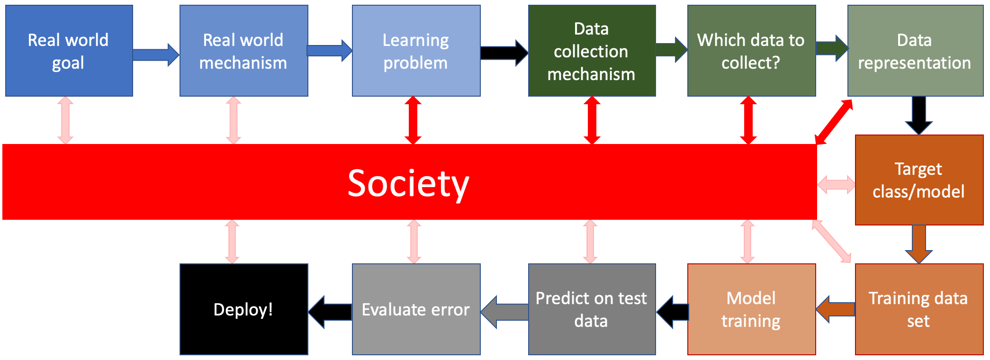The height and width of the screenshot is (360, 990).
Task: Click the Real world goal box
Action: (x=69, y=51)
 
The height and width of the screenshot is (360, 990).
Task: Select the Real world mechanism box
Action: (x=243, y=51)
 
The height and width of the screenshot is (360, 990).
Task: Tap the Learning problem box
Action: (x=416, y=51)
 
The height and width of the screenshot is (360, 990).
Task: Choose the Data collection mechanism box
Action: (x=592, y=51)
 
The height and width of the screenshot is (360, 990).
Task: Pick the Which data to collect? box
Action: (x=751, y=51)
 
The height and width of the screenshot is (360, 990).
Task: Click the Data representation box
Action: (x=915, y=51)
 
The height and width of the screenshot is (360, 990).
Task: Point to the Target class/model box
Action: (x=919, y=180)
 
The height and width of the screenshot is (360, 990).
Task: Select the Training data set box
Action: (x=919, y=309)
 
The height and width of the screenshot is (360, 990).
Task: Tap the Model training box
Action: (x=751, y=309)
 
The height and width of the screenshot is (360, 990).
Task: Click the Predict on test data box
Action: (x=592, y=309)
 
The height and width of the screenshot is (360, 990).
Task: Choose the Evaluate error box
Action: (x=416, y=309)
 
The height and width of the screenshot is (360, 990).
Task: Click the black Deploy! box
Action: (x=243, y=309)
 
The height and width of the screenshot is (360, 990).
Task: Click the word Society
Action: (x=408, y=183)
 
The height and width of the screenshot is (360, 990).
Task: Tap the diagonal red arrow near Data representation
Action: (x=834, y=122)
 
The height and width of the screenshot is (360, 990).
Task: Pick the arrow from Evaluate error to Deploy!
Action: (x=330, y=312)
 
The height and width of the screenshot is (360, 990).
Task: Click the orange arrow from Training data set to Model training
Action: (x=836, y=309)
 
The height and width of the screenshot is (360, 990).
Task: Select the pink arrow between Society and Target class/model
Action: (x=837, y=184)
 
